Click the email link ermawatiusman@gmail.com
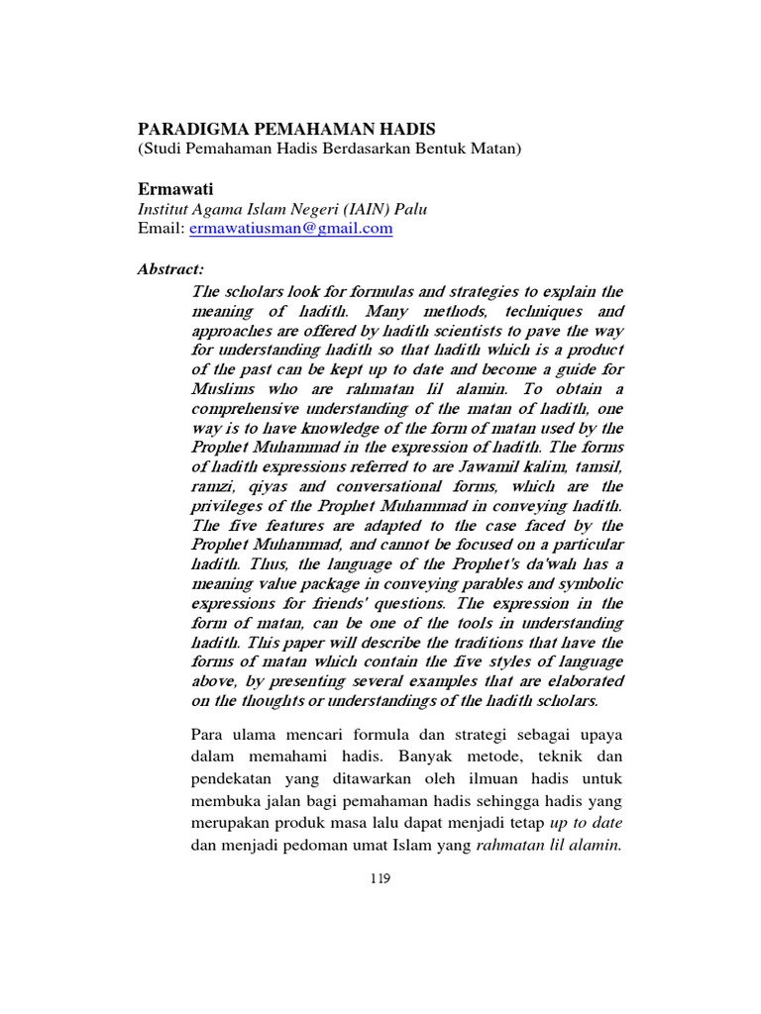click(290, 228)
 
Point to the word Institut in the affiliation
click(162, 208)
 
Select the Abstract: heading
click(170, 268)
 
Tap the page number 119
click(380, 877)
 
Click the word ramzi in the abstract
click(210, 487)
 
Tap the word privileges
click(230, 506)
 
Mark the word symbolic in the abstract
click(591, 584)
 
